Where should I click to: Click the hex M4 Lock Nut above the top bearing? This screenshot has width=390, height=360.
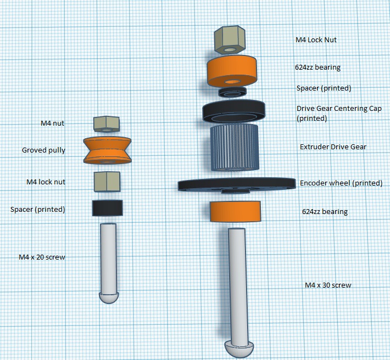coord(230,40)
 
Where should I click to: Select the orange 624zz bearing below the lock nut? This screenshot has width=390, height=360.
coord(232,71)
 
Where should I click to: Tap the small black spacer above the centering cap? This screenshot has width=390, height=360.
coord(232,92)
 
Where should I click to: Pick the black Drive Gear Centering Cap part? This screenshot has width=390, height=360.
coord(233,111)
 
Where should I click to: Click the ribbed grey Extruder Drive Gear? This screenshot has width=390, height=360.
coord(235,148)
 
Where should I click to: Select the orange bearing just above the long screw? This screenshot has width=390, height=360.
coord(235,211)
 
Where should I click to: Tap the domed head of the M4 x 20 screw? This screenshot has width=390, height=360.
coord(109,297)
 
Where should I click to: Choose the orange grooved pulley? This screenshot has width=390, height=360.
coord(107,150)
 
